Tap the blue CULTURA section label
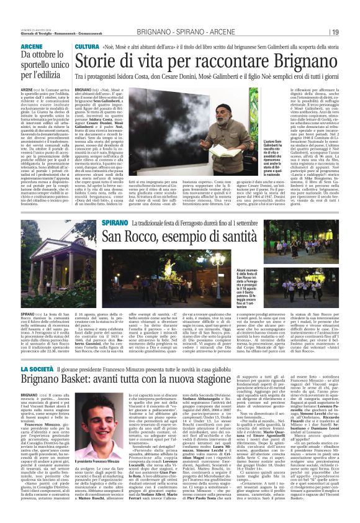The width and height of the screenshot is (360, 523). point(87,47)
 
